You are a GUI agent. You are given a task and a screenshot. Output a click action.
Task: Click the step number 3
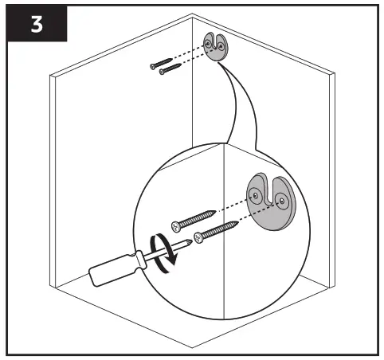coord(37,25)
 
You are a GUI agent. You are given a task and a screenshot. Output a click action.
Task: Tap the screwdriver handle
coord(113,270)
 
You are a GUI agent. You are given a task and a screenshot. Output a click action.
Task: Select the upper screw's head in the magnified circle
coord(176,226)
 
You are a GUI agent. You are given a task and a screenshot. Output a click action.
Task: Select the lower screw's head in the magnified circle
coord(198,237)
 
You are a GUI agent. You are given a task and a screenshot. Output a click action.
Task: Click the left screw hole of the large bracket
coord(256,196)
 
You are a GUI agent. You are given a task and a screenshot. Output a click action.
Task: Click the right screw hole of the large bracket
coord(282,201)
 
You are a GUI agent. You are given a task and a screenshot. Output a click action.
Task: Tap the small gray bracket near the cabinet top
coord(216,47)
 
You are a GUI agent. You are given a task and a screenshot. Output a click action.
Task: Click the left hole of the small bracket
coord(208,43)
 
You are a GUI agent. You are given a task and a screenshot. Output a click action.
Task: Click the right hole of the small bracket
coord(221,46)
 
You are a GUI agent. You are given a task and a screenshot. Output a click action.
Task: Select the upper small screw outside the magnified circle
coord(161,64)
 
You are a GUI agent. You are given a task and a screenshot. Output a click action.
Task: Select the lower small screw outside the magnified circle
coord(170,68)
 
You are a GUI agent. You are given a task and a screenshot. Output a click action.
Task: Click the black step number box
coord(37,24)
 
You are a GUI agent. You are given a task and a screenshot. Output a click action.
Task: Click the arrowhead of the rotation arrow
coord(172,260)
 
